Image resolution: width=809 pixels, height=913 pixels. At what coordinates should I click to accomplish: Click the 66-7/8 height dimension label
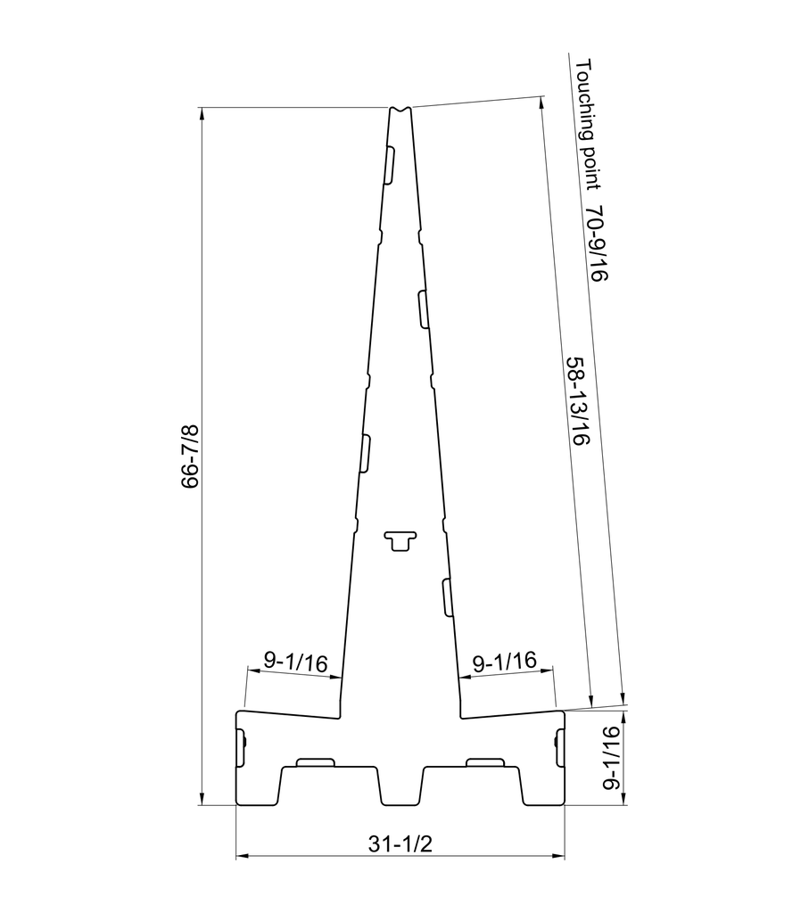click(x=189, y=456)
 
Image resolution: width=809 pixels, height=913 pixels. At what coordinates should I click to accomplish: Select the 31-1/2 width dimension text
click(x=400, y=843)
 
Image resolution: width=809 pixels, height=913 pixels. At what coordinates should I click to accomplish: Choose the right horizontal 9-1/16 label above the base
click(x=504, y=662)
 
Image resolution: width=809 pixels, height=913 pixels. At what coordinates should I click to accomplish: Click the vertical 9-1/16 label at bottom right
click(x=611, y=758)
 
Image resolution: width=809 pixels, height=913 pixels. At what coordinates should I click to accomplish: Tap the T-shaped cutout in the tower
click(x=400, y=539)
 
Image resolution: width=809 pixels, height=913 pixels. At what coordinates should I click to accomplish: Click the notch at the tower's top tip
click(x=400, y=110)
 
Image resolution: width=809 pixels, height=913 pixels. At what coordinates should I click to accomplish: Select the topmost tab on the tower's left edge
click(x=389, y=165)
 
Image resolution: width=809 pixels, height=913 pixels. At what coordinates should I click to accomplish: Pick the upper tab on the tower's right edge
click(x=423, y=308)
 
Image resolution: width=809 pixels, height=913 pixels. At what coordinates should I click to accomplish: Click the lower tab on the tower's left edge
click(x=365, y=452)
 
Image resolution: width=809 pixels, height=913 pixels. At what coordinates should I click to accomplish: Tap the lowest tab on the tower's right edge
click(x=447, y=596)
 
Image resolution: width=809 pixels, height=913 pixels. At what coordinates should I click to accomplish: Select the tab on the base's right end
click(x=560, y=747)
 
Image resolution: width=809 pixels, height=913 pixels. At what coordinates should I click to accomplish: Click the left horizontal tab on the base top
click(x=315, y=761)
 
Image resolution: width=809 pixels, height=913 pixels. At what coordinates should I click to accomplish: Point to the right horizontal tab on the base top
click(x=485, y=761)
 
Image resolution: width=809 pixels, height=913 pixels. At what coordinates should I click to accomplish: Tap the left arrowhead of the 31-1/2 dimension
click(x=239, y=858)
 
